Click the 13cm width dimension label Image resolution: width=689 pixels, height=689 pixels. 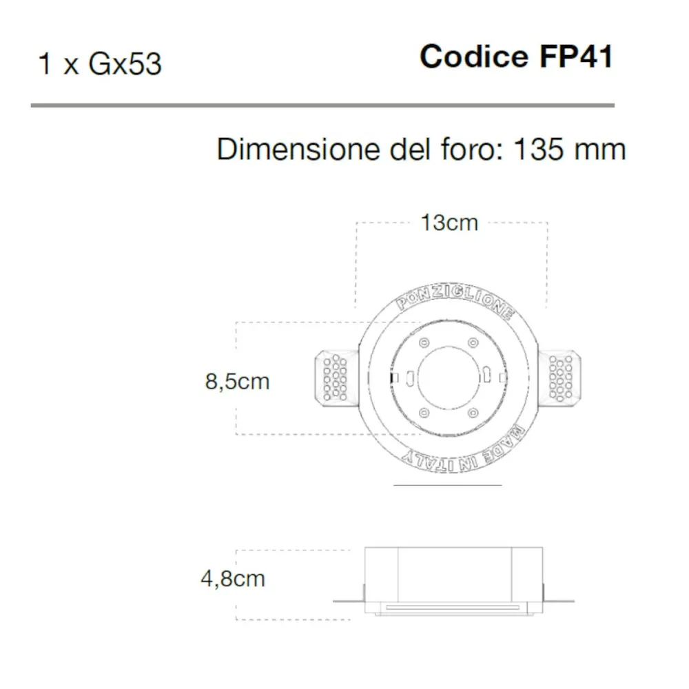click(x=449, y=223)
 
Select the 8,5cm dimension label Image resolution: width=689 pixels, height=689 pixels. click(x=237, y=381)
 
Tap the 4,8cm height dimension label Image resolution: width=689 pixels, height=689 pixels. click(x=232, y=578)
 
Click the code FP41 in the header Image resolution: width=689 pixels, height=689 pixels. click(x=573, y=56)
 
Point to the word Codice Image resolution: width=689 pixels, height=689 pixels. click(x=473, y=56)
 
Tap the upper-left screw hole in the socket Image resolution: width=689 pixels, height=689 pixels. click(x=424, y=343)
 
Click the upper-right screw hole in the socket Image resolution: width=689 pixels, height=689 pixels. click(x=472, y=343)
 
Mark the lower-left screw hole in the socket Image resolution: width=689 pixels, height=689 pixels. click(x=424, y=412)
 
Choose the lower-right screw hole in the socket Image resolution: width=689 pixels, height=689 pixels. click(x=472, y=412)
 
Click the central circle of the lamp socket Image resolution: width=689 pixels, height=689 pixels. click(x=448, y=378)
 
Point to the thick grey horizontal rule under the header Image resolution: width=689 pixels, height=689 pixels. click(x=322, y=105)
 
